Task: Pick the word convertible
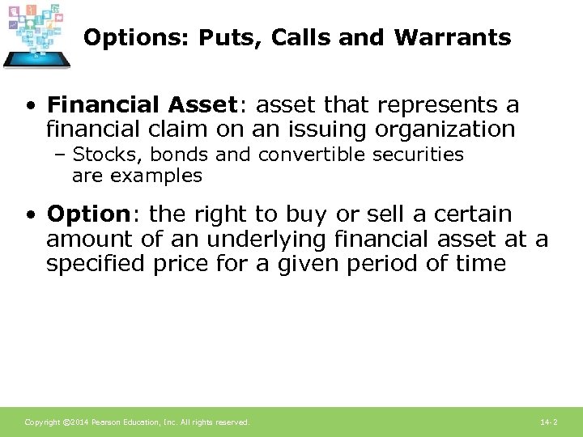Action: (303, 154)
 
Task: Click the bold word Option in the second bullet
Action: (88, 214)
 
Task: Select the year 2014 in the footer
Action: (79, 422)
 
